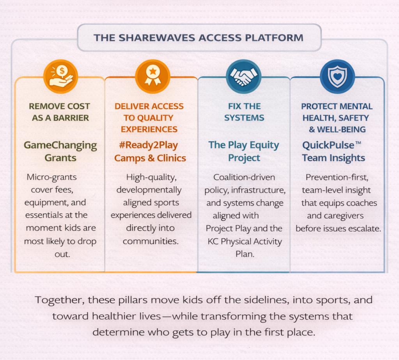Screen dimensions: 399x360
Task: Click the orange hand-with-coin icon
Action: click(x=60, y=76)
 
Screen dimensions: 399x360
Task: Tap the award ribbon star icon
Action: click(x=153, y=76)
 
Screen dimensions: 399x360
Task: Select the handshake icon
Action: click(x=243, y=76)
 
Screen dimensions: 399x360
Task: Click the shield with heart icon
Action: click(x=337, y=76)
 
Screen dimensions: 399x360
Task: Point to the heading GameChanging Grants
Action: click(x=60, y=151)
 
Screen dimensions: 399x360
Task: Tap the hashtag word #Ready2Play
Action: click(x=146, y=145)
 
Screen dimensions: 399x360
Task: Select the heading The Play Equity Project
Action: click(x=244, y=151)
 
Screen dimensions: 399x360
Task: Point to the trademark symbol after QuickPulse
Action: click(x=358, y=143)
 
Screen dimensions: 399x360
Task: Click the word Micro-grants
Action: click(x=52, y=177)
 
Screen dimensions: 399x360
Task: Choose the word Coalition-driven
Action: click(x=244, y=177)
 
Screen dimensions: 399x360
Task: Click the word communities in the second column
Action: click(x=151, y=241)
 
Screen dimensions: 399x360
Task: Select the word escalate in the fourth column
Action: click(x=364, y=228)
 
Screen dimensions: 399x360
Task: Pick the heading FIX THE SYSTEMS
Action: click(x=244, y=112)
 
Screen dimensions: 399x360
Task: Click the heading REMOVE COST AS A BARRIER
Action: click(x=60, y=112)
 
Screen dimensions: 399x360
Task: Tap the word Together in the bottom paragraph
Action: click(x=58, y=300)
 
